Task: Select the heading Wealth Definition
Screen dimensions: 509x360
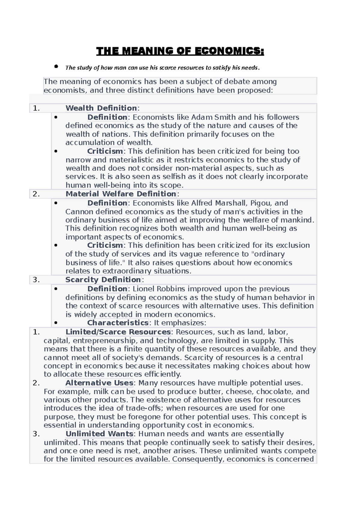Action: [101, 108]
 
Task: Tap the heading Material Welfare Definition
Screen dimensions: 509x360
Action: [121, 194]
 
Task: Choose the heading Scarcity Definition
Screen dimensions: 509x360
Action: [103, 280]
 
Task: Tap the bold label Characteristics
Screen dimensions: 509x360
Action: [118, 323]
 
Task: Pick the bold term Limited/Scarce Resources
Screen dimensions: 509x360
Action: [118, 332]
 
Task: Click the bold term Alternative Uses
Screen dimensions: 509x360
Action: [99, 383]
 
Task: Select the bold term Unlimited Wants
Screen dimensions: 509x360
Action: [99, 434]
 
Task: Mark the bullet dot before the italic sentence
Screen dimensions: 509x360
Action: [56, 67]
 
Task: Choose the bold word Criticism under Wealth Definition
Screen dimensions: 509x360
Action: [105, 151]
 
